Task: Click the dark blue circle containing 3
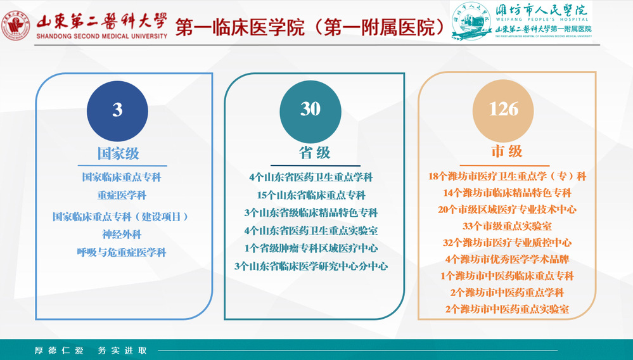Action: click(x=117, y=111)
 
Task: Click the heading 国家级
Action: click(x=118, y=153)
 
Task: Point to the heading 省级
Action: click(x=315, y=153)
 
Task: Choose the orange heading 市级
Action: click(x=507, y=151)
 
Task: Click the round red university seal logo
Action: click(x=15, y=25)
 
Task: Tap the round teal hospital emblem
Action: click(x=471, y=21)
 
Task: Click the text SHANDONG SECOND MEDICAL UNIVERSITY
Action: click(x=102, y=36)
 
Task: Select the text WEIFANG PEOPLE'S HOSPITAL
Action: click(x=542, y=20)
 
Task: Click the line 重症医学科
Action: click(x=122, y=195)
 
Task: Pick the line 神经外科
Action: click(x=122, y=235)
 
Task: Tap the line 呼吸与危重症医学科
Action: click(x=122, y=253)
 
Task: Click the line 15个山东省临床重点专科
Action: click(x=311, y=195)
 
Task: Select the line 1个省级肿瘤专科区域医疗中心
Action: click(x=311, y=248)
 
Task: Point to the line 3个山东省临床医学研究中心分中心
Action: click(x=311, y=266)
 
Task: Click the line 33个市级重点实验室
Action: click(x=507, y=226)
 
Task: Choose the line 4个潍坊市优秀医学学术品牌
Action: click(x=507, y=259)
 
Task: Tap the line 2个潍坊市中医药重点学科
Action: click(x=507, y=292)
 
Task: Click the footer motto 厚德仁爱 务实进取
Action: click(x=91, y=350)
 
